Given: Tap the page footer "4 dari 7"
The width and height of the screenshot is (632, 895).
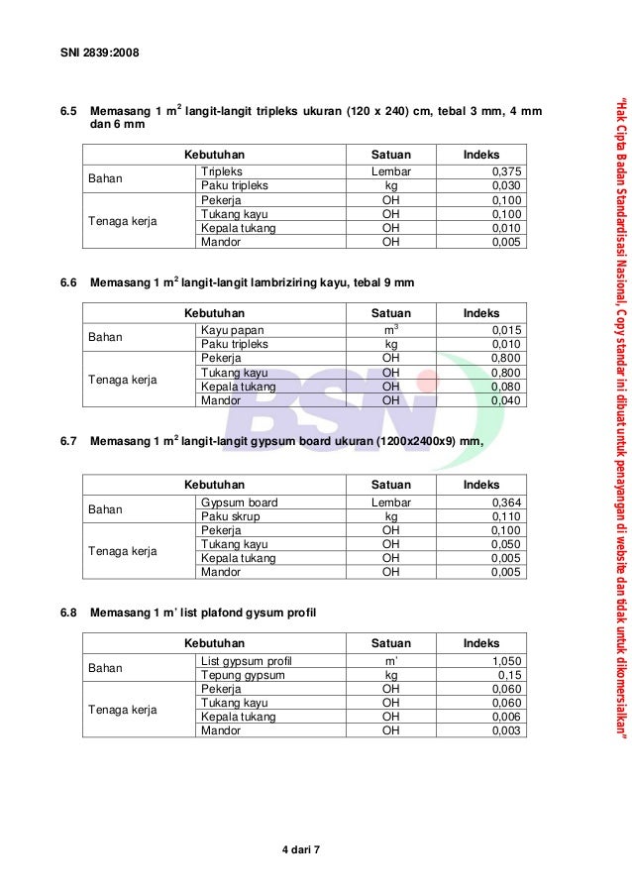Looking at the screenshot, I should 303,851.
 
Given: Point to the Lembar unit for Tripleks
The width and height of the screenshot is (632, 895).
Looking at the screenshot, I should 390,171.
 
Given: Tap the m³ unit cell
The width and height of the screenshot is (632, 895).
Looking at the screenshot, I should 390,330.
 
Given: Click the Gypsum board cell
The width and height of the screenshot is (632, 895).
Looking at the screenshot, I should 239,503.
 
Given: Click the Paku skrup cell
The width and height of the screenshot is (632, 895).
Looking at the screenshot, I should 231,516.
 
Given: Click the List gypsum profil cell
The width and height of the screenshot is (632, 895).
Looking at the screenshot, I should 246,661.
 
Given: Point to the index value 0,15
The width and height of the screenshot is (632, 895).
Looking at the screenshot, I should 509,675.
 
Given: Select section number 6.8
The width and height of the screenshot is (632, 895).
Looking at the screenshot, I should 68,614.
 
